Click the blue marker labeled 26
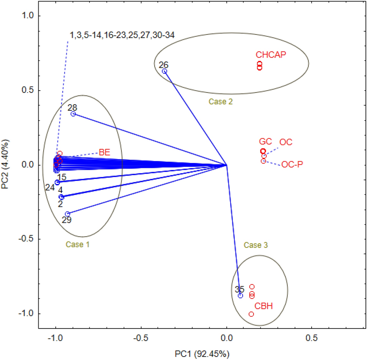tap(164, 71)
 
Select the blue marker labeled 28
tap(73, 114)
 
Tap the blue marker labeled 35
tap(240, 296)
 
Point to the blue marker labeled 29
tap(67, 214)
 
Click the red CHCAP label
tap(270, 55)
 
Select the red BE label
tap(104, 152)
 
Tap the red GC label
tap(265, 142)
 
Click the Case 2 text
tap(220, 102)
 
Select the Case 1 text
tap(77, 244)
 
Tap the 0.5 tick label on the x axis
tap(312, 337)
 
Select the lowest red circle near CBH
tap(251, 314)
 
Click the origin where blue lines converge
tap(226, 165)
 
